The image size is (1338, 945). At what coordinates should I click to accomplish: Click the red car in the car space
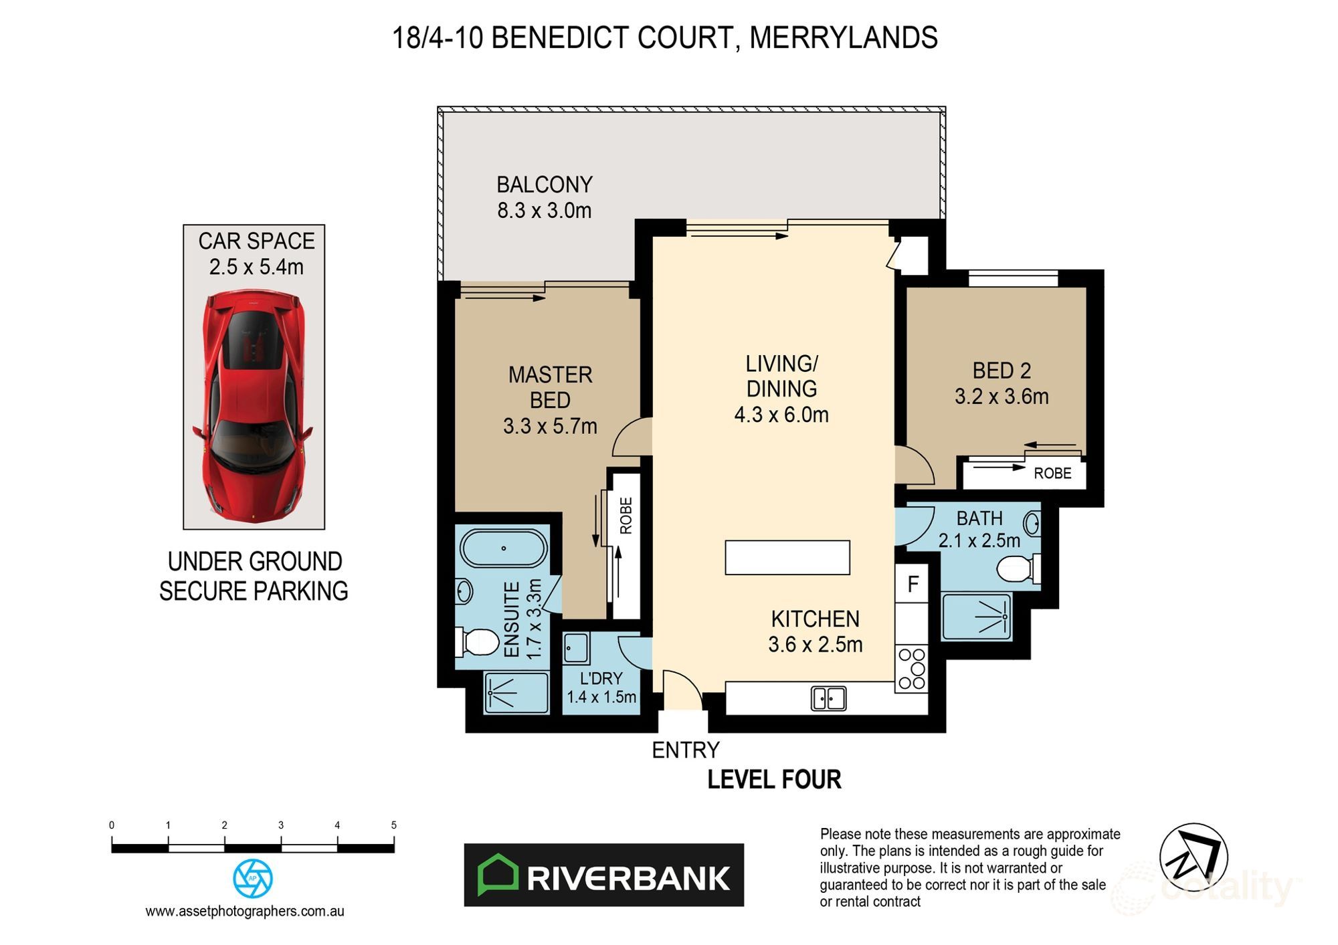tap(254, 407)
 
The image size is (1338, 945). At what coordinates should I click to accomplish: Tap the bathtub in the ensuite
tap(503, 548)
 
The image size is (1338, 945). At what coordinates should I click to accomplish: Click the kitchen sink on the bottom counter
tap(828, 698)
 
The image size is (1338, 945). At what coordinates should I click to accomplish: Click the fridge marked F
tap(913, 585)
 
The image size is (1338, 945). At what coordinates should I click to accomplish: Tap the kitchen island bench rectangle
tap(787, 557)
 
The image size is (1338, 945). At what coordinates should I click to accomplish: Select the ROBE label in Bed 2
tap(1052, 474)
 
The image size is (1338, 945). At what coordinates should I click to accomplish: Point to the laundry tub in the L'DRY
tap(575, 648)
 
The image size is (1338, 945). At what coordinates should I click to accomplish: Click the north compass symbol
tap(1193, 857)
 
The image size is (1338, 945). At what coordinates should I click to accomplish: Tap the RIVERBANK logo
tap(603, 875)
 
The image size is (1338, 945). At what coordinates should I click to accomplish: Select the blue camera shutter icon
tap(252, 878)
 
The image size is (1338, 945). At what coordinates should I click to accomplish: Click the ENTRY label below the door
tap(685, 750)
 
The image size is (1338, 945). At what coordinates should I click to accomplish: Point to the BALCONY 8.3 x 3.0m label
tap(544, 197)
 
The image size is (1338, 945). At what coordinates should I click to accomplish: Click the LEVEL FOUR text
tap(774, 779)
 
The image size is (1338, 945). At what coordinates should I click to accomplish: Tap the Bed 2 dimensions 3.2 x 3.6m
tap(1001, 397)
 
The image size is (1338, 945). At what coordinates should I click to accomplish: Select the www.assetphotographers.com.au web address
tap(244, 911)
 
